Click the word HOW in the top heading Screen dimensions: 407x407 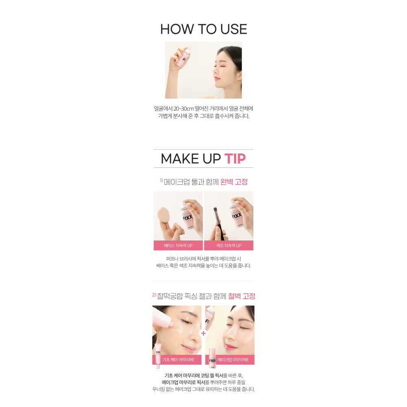pyautogui.click(x=177, y=29)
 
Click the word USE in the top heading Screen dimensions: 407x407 pyautogui.click(x=233, y=29)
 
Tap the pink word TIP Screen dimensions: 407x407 pyautogui.click(x=235, y=159)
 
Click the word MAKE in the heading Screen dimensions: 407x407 pyautogui.click(x=180, y=159)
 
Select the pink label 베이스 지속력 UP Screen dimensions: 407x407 pyautogui.click(x=178, y=245)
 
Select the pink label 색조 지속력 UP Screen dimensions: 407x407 pyautogui.click(x=229, y=245)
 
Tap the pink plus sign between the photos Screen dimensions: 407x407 pyautogui.click(x=203, y=333)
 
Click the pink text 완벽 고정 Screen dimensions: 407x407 pyautogui.click(x=234, y=182)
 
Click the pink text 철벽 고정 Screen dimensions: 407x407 pyautogui.click(x=241, y=296)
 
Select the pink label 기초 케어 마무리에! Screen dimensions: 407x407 pyautogui.click(x=178, y=359)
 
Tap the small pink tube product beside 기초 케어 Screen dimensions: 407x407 pyautogui.click(x=158, y=355)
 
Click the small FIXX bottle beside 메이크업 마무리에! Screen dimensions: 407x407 pyautogui.click(x=212, y=359)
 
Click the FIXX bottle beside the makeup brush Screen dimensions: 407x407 pyautogui.click(x=236, y=214)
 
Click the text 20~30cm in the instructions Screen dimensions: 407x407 pyautogui.click(x=184, y=109)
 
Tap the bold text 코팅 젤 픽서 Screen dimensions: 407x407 pyautogui.click(x=212, y=375)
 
